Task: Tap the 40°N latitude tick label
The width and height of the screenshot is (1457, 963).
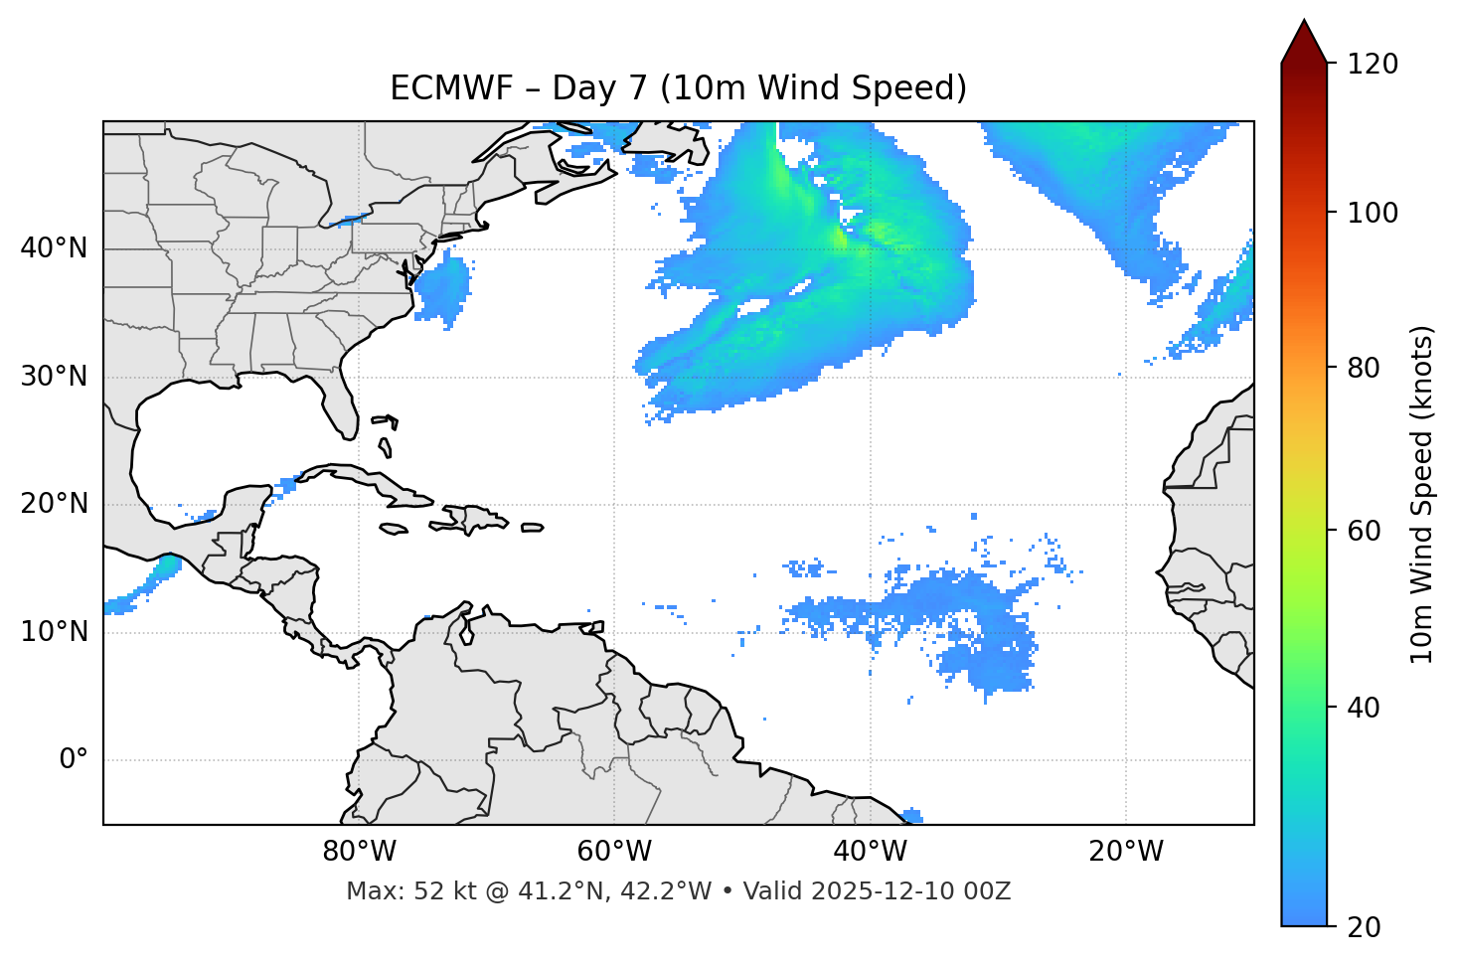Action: (x=54, y=248)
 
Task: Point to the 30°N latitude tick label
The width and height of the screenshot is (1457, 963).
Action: (x=54, y=377)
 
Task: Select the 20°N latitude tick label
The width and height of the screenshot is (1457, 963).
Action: (x=54, y=504)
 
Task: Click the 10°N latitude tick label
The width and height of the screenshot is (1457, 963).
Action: (x=54, y=632)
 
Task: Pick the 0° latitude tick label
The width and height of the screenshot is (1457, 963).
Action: (x=74, y=760)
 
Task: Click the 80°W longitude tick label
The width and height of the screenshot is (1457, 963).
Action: (x=360, y=852)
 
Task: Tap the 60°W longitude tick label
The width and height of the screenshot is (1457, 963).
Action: (x=615, y=852)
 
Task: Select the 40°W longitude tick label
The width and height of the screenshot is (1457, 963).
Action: (x=871, y=852)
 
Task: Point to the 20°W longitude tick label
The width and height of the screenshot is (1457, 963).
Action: (x=1126, y=852)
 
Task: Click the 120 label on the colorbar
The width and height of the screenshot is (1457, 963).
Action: (x=1372, y=64)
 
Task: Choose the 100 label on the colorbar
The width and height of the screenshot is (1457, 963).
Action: (x=1372, y=213)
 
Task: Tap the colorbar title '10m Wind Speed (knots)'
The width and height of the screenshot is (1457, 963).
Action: (x=1422, y=494)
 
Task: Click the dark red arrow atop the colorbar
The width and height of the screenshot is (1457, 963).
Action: (x=1304, y=42)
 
